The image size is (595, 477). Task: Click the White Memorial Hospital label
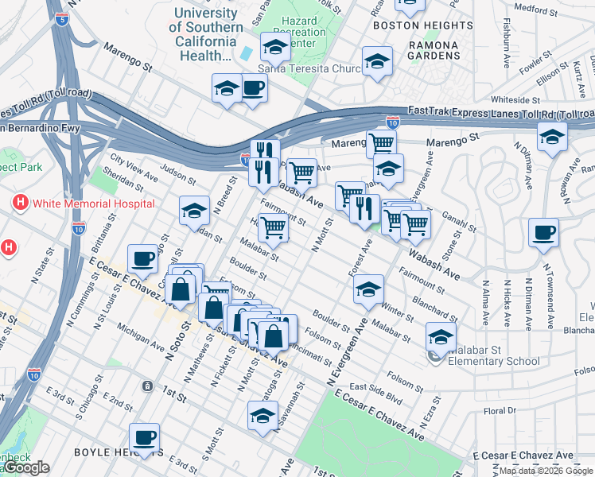[x=93, y=204]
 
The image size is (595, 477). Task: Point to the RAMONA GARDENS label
[x=434, y=50]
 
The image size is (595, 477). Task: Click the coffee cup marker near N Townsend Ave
[x=543, y=233]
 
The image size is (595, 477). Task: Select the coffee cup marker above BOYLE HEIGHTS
[x=144, y=437]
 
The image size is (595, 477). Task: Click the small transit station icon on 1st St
[x=147, y=386]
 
